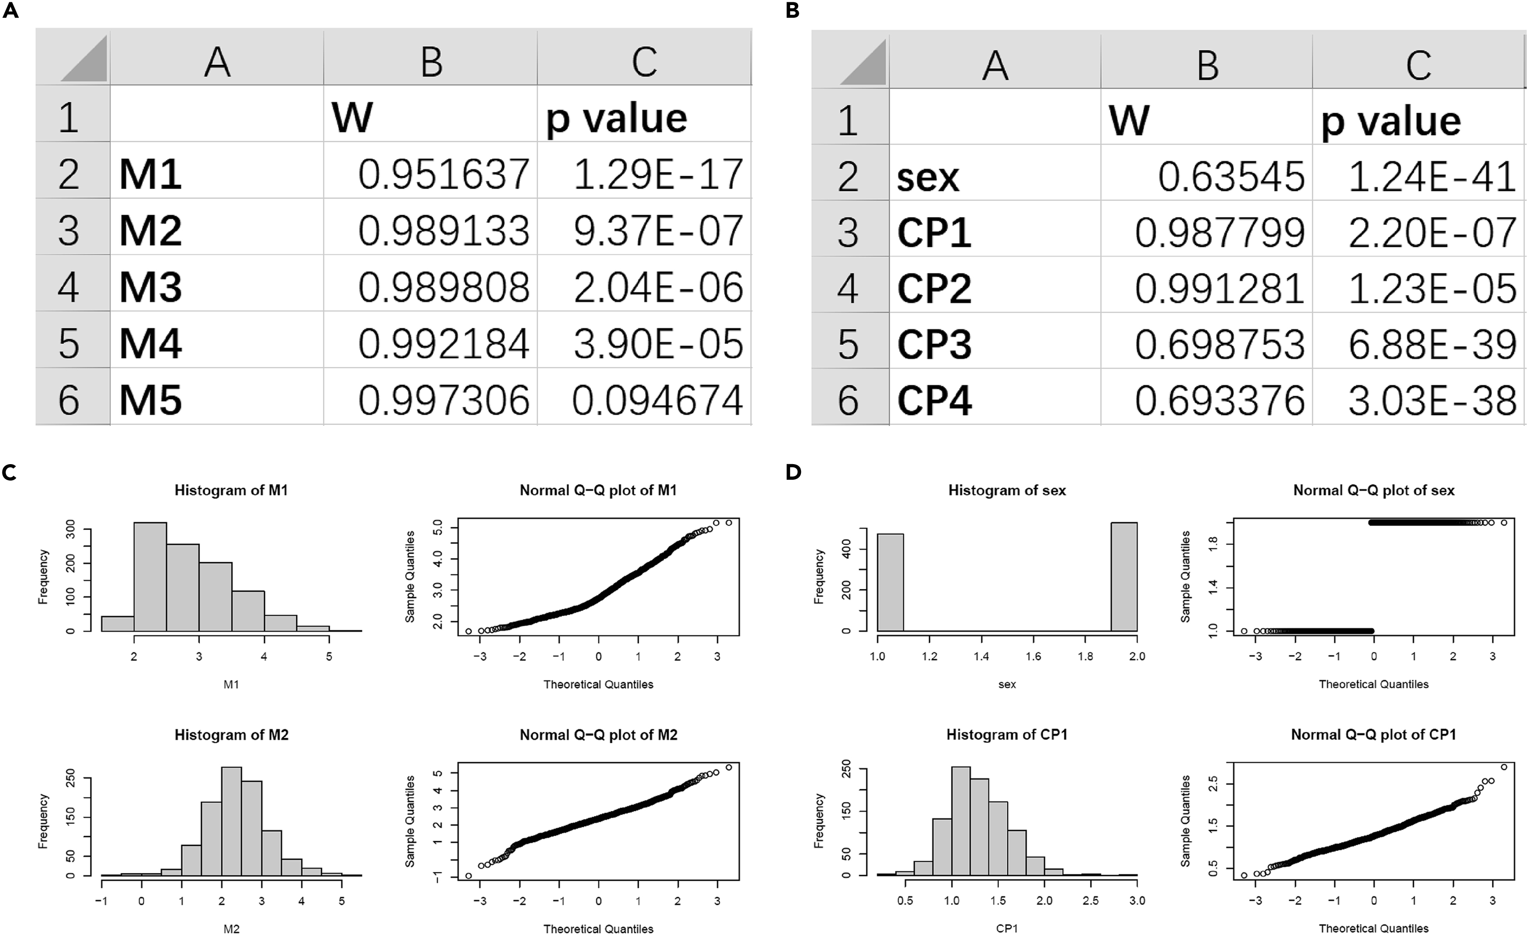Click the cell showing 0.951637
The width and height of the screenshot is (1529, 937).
tap(443, 174)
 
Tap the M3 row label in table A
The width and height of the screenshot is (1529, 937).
tap(151, 287)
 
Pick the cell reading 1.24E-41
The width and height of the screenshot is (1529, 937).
tap(1432, 177)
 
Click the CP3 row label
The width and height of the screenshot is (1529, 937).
tap(934, 345)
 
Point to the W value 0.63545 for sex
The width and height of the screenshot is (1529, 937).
tap(1231, 177)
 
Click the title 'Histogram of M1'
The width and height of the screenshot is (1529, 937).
tap(231, 490)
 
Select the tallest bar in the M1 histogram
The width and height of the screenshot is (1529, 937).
tap(150, 576)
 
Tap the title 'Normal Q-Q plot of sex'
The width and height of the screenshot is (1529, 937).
tap(1373, 490)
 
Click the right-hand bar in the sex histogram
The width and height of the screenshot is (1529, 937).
tap(1124, 576)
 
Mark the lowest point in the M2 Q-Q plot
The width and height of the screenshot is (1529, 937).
tap(468, 875)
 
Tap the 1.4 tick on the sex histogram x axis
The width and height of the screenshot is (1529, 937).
tap(981, 656)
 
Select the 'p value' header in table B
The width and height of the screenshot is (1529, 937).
tap(1391, 122)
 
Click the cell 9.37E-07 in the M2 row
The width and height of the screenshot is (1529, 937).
tap(657, 230)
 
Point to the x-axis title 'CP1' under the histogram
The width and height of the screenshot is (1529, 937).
tap(1006, 928)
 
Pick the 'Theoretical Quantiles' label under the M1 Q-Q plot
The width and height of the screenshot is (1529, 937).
tap(598, 685)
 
